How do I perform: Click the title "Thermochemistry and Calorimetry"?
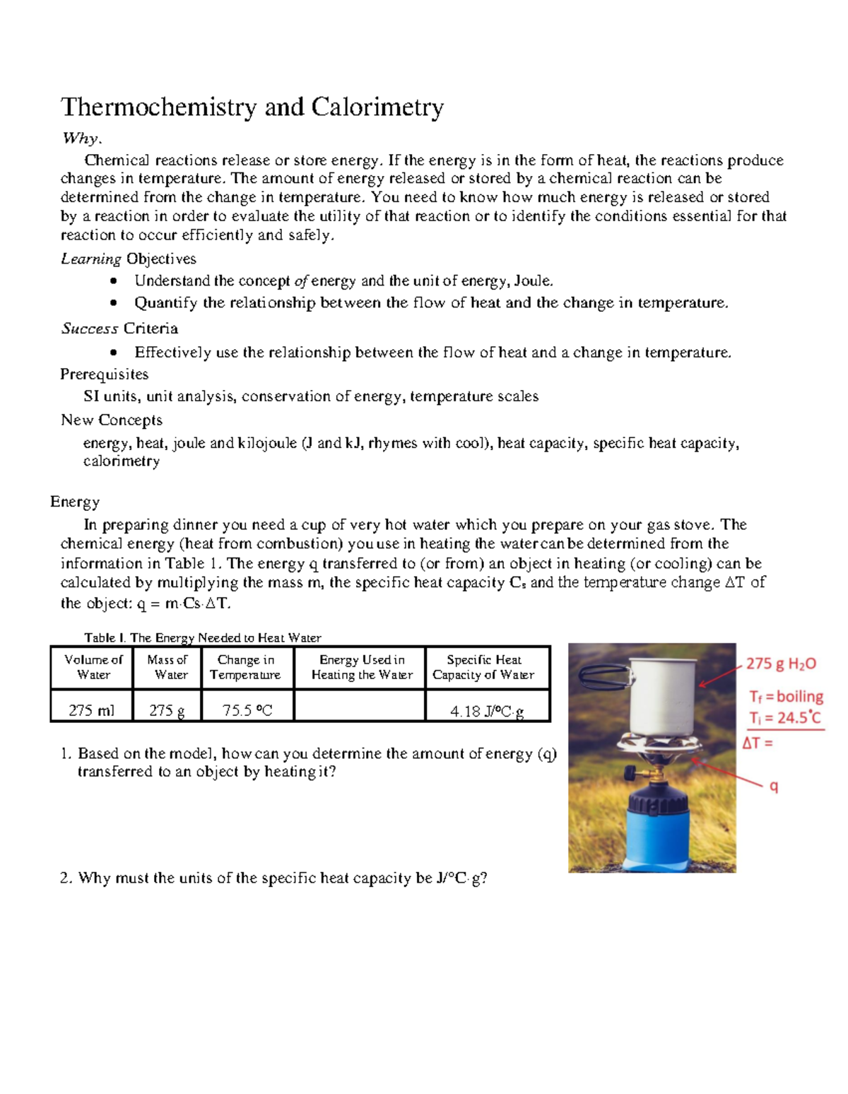252,107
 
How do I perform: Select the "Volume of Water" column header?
93,667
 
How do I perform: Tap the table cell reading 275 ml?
91,710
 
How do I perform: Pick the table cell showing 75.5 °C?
247,710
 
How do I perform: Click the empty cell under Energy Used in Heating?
359,706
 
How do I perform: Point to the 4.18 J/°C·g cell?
487,711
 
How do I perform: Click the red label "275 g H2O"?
781,664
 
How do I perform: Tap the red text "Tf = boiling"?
786,697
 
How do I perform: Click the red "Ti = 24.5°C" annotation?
785,718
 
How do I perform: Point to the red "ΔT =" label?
758,743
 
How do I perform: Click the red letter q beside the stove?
774,786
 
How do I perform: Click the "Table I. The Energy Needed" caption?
202,637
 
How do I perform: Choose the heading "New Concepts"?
112,420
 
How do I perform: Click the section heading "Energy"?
75,502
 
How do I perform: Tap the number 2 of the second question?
66,878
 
